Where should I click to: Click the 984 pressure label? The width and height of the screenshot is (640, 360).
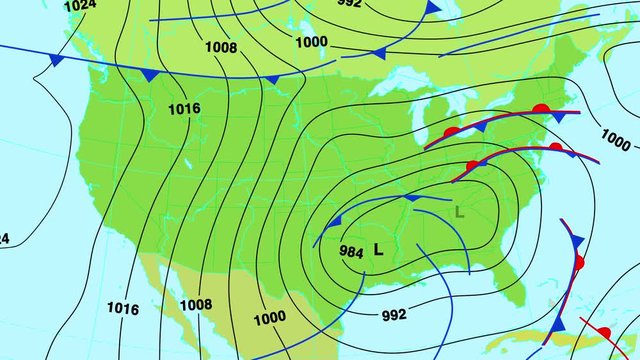[351, 252]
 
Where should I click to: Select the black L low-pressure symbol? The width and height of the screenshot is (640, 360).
[378, 250]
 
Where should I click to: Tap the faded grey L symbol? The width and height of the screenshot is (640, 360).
[459, 211]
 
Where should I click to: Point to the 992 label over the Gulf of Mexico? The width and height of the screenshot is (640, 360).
[394, 315]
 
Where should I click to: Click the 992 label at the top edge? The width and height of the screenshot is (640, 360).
[350, 3]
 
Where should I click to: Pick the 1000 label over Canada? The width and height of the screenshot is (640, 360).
[311, 41]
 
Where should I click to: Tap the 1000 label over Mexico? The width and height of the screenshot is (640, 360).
[269, 318]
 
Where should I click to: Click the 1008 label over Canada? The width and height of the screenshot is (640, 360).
[221, 47]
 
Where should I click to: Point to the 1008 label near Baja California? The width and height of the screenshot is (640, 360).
[196, 304]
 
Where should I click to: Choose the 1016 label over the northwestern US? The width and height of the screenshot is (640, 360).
[184, 108]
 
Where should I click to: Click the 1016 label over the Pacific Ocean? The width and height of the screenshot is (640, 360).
[122, 309]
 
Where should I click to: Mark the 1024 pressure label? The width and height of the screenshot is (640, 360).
[80, 6]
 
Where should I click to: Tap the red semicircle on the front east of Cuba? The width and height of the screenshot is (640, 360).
[604, 332]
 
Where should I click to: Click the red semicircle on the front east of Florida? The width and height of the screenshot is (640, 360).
[579, 263]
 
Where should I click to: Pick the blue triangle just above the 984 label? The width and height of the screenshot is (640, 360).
[335, 222]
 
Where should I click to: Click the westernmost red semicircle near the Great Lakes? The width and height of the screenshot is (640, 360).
[451, 132]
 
